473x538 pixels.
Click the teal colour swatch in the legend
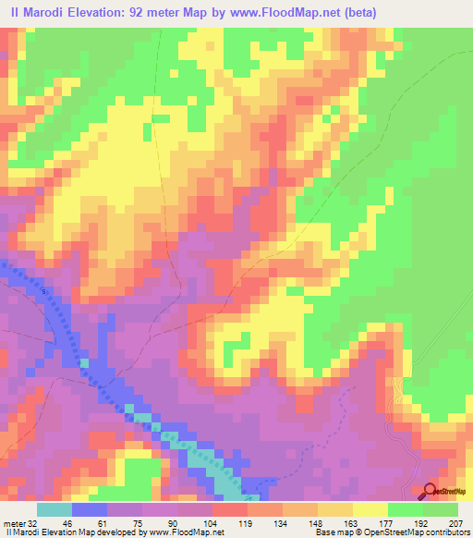pyautogui.click(x=55, y=509)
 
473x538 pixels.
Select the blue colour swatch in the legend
pyautogui.click(x=90, y=509)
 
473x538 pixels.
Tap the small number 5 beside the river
pyautogui.click(x=42, y=291)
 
